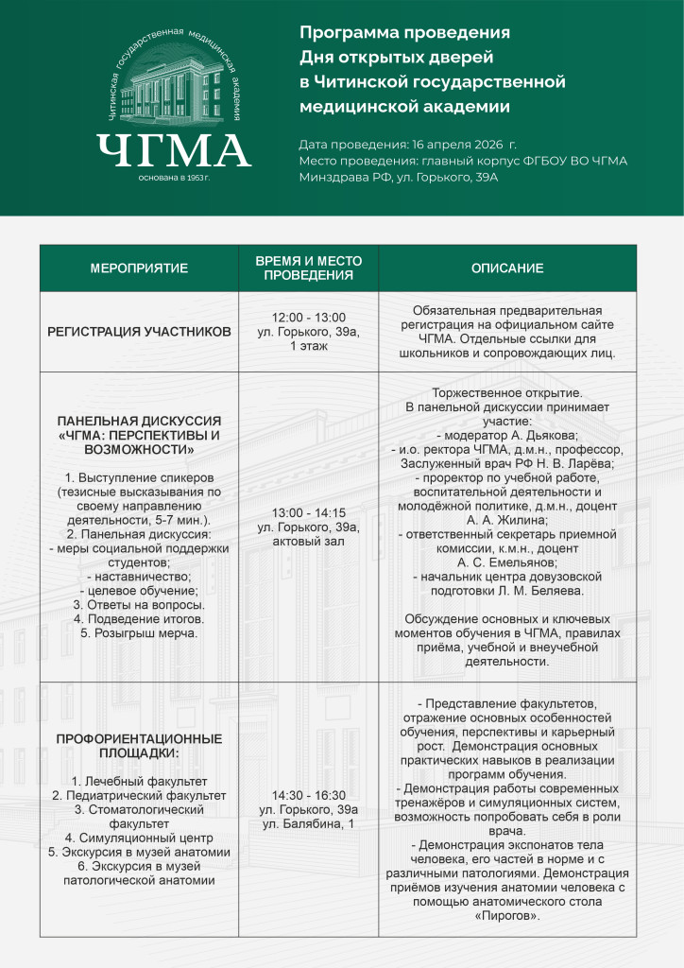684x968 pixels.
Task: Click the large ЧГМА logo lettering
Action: point(173,150)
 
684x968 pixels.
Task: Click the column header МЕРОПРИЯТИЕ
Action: point(139,268)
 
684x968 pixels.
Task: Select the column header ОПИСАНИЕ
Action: point(507,268)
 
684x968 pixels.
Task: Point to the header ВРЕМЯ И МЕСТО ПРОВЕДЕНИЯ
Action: point(308,268)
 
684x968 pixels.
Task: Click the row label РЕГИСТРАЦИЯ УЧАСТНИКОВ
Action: point(139,332)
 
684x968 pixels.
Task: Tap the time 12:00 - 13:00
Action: point(308,318)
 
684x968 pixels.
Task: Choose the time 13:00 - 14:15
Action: point(308,512)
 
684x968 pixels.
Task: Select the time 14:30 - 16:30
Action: point(308,795)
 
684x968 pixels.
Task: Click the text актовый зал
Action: point(308,541)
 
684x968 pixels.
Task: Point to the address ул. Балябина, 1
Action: point(308,824)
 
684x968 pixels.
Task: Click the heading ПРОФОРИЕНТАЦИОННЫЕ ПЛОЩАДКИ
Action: point(139,745)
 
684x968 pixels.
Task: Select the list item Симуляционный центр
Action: point(139,838)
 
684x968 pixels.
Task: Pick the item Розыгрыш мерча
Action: point(139,632)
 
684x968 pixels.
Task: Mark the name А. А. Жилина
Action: point(507,519)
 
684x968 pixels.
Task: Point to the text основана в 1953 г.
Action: point(173,178)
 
